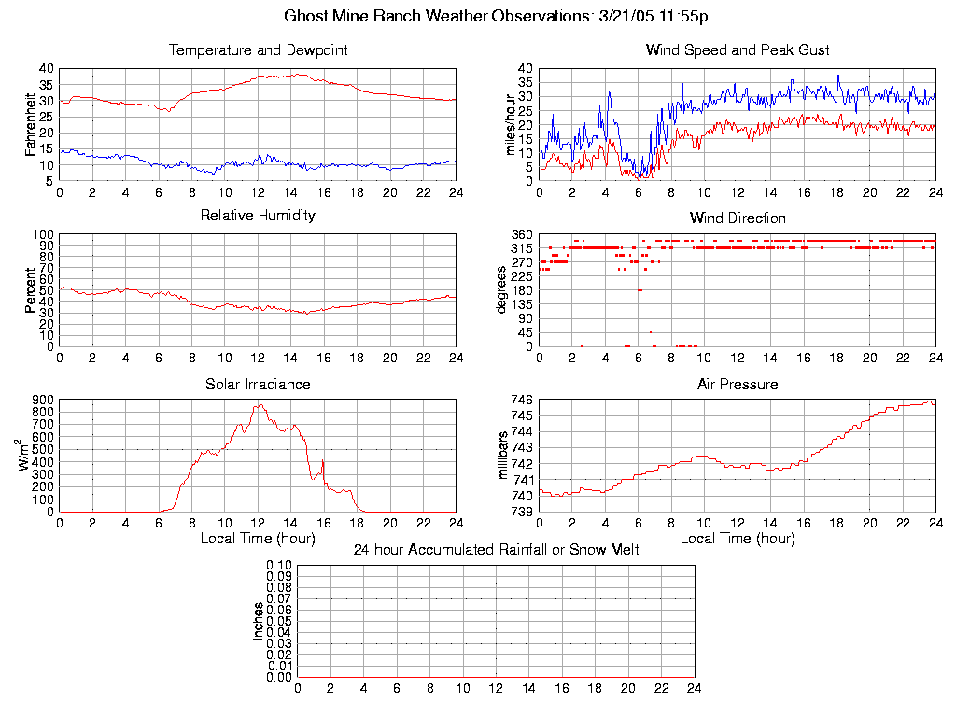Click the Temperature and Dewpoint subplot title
coord(258,50)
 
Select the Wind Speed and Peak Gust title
coord(738,50)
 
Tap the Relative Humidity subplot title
coord(258,216)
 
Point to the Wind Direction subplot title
coord(738,218)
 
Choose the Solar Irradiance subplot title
coord(258,384)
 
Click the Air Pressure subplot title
coord(738,384)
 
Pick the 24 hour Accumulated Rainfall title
coord(496,550)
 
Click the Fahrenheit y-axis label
coord(30,124)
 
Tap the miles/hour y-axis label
coord(510,124)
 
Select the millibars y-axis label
coord(503,456)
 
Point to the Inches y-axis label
coord(259,621)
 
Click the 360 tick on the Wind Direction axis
coord(521,234)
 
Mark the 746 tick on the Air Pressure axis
coord(521,400)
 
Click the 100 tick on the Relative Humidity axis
coord(41,234)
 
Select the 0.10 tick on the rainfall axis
coord(279,566)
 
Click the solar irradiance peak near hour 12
coord(259,405)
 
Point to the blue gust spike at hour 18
coord(837,76)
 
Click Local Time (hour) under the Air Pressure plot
coord(738,539)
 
